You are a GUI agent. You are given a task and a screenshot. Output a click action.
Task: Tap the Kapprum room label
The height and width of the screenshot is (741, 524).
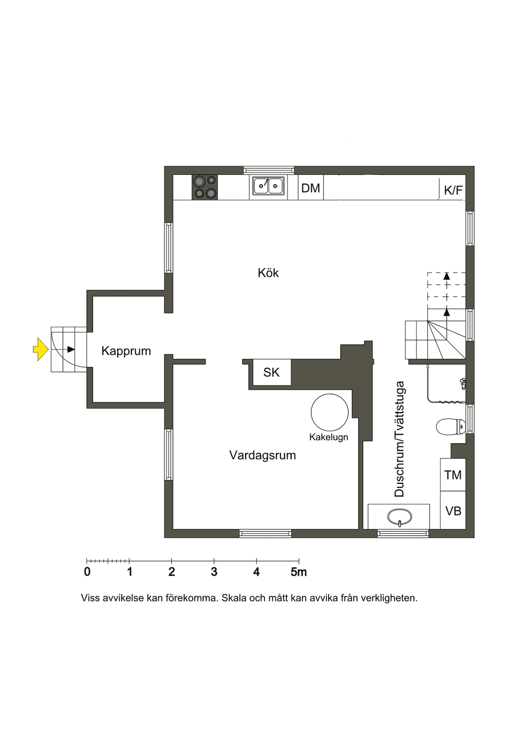126,351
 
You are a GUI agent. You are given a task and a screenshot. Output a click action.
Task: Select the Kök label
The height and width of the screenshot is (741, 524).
268,273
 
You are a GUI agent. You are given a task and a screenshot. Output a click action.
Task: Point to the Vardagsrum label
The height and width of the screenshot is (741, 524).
263,455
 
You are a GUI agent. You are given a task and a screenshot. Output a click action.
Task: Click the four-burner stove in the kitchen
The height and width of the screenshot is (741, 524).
205,187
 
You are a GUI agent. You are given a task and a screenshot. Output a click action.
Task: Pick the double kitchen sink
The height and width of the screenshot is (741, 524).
268,186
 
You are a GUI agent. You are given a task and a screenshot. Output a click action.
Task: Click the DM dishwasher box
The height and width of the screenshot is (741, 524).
311,188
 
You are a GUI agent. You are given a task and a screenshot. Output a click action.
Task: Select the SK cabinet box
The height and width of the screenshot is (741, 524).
271,372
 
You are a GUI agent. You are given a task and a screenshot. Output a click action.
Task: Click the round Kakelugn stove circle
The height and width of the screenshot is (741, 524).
330,413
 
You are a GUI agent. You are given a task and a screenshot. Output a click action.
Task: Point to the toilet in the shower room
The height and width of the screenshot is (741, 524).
451,427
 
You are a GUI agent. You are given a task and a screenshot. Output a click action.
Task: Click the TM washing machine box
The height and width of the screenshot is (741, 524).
453,475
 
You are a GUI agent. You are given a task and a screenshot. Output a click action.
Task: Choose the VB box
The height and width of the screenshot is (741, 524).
453,511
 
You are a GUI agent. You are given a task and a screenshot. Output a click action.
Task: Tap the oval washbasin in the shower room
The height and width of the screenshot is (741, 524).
400,518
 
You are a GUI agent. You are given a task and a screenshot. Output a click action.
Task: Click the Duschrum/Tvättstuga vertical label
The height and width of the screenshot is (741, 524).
400,439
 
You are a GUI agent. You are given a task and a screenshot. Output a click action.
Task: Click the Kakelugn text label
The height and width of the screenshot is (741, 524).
329,437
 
